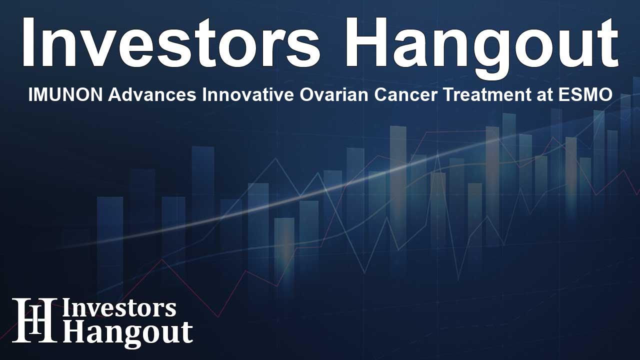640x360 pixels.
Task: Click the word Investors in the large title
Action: pyautogui.click(x=171, y=42)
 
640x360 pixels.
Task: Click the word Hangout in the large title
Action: pyautogui.click(x=482, y=47)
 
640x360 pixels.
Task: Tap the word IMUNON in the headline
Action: pyautogui.click(x=65, y=94)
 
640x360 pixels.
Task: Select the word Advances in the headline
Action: pyautogui.click(x=152, y=94)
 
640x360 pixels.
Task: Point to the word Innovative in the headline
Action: pyautogui.click(x=248, y=94)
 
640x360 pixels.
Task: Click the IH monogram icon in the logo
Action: pyautogui.click(x=34, y=320)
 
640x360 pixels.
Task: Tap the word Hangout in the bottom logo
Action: pyautogui.click(x=127, y=333)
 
